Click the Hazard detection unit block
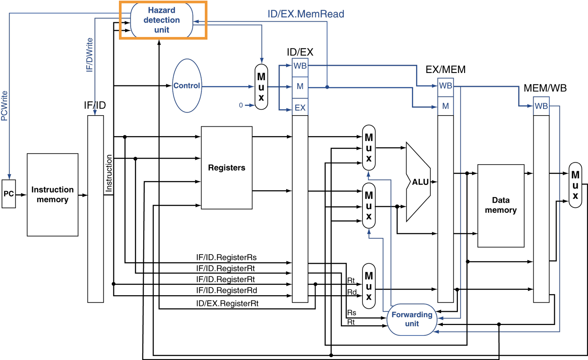[x=162, y=20]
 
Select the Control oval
[x=187, y=86]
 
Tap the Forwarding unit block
[x=412, y=319]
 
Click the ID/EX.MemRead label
[x=306, y=14]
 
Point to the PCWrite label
[x=4, y=106]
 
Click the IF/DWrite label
[x=90, y=55]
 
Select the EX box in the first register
[x=300, y=108]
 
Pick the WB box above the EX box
[x=300, y=66]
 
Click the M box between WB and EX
[x=300, y=87]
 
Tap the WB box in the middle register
[x=445, y=86]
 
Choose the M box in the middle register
[x=445, y=106]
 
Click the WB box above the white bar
[x=541, y=106]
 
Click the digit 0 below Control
[x=241, y=105]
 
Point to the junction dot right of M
[x=327, y=87]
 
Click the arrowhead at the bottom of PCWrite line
[x=9, y=177]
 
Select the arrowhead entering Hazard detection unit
[x=196, y=22]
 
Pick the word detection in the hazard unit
[x=162, y=20]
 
